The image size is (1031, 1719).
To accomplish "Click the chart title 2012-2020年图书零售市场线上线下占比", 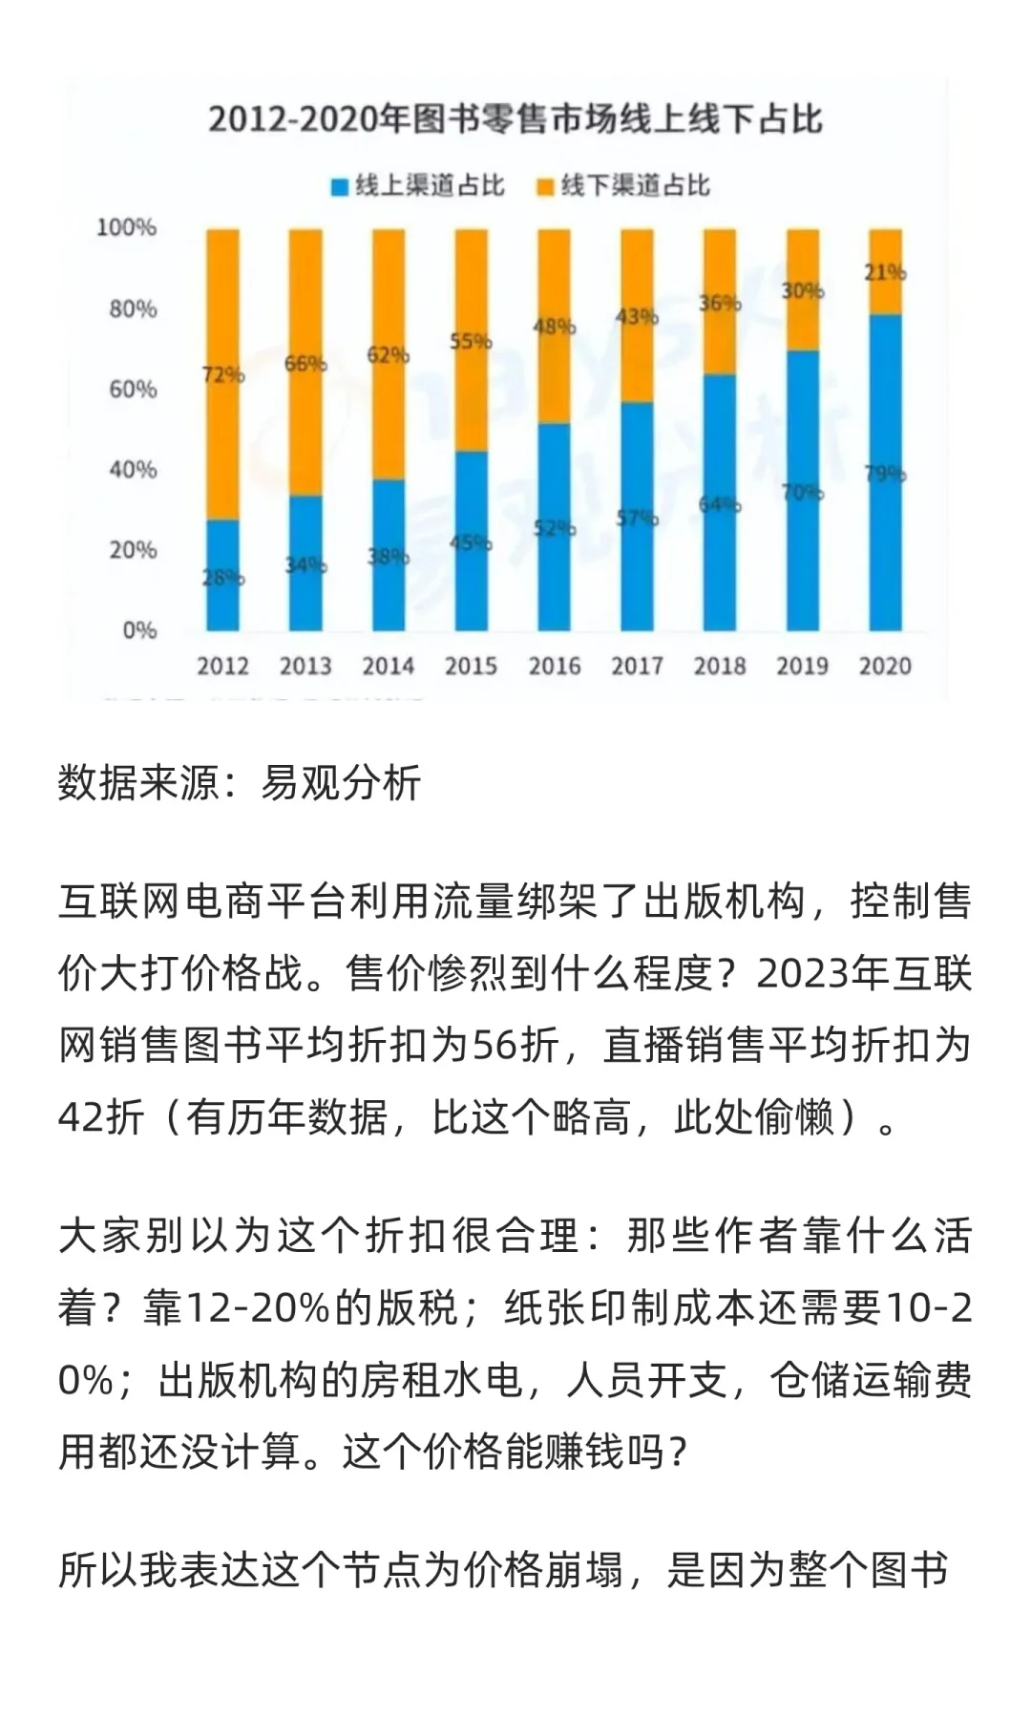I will (515, 119).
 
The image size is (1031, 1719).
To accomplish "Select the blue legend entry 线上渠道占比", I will (418, 185).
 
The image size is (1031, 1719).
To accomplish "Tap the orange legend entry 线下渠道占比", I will (624, 185).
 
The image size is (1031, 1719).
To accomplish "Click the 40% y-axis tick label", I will (132, 469).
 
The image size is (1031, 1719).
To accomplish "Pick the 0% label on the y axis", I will (138, 630).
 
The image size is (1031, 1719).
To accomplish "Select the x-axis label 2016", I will (554, 666).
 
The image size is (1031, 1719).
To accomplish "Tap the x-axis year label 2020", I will (885, 666).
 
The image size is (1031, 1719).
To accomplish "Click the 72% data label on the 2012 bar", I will (223, 374).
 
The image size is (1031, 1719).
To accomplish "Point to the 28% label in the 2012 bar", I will (223, 577).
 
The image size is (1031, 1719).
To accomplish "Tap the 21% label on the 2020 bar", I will (885, 272).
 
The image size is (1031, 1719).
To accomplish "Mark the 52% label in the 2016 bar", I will (554, 527).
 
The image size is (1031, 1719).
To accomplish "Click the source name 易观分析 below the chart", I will (341, 783).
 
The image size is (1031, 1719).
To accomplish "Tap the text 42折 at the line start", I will (101, 1116).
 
